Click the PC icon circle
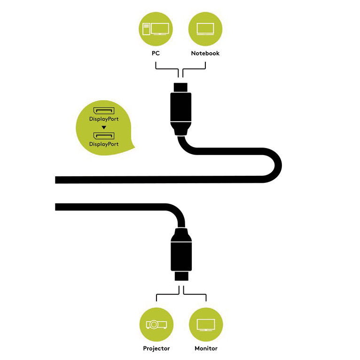[156, 29]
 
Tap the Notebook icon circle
[205, 29]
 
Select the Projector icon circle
[157, 324]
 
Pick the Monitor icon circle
[206, 324]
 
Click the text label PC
[156, 53]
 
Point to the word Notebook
[205, 53]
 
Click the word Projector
[157, 349]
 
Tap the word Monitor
[206, 349]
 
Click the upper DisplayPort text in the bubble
[104, 119]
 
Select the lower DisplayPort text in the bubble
[104, 144]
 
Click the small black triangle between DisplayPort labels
[104, 127]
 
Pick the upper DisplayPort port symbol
[104, 110]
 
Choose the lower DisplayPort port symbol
[104, 136]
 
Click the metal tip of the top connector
[180, 88]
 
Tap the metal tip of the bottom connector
[181, 276]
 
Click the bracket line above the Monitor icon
[195, 294]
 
